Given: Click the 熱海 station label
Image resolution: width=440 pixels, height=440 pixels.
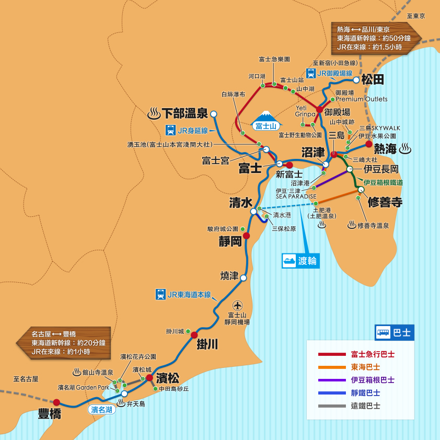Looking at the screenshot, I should pyautogui.click(x=386, y=149).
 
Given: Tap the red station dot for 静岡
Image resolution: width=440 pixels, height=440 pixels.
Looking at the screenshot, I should pyautogui.click(x=246, y=236).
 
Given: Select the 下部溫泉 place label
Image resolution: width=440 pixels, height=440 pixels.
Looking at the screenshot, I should pyautogui.click(x=184, y=113).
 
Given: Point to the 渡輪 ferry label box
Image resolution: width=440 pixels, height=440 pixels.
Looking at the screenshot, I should pyautogui.click(x=300, y=261).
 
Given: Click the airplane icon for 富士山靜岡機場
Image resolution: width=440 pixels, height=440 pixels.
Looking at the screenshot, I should pyautogui.click(x=238, y=305).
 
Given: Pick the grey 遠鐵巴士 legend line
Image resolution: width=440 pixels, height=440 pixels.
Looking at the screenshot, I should pyautogui.click(x=332, y=406).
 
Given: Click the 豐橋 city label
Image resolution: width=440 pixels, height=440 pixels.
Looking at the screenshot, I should pyautogui.click(x=50, y=414).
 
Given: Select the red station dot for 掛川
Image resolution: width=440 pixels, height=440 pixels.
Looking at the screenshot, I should pyautogui.click(x=194, y=335).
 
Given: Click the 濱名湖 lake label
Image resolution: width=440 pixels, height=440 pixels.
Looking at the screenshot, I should pyautogui.click(x=101, y=410).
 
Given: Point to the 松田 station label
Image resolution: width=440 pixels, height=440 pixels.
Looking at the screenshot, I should pyautogui.click(x=373, y=79).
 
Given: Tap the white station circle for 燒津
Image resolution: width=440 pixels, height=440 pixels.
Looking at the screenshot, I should pyautogui.click(x=243, y=278).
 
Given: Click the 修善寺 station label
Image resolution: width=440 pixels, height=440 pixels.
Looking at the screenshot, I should pyautogui.click(x=385, y=202).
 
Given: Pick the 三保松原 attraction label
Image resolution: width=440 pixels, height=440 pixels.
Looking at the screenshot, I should pyautogui.click(x=284, y=228).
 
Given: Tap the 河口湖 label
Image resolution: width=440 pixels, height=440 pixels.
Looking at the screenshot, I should pyautogui.click(x=257, y=76).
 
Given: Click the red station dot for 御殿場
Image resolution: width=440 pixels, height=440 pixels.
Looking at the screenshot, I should pyautogui.click(x=320, y=110).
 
